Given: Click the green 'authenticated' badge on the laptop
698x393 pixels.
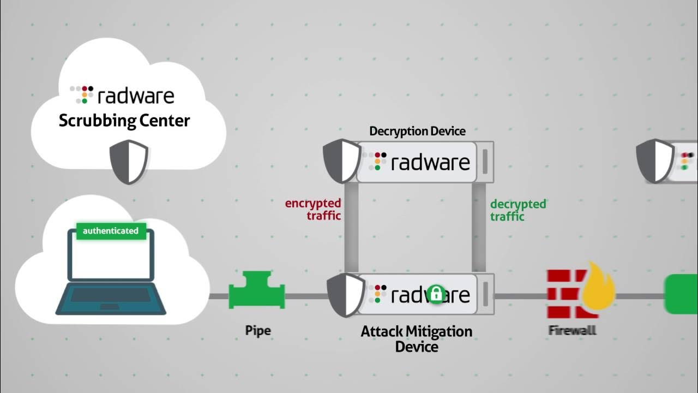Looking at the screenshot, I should (x=111, y=231).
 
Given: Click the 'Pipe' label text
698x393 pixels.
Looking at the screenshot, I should (x=257, y=330).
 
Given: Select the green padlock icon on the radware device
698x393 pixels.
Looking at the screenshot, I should (x=435, y=294).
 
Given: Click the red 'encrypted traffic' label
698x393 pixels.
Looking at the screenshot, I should (x=314, y=210).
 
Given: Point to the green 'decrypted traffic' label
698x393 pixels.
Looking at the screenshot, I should (x=518, y=210).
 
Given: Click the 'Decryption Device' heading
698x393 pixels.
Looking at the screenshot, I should (x=417, y=131).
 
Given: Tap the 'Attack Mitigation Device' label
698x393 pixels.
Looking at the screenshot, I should (x=416, y=339).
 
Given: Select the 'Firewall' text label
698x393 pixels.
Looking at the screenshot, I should (x=572, y=330).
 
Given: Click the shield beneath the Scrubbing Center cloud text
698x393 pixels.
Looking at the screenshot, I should (x=129, y=162).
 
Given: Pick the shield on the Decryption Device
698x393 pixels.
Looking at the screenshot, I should (x=341, y=160).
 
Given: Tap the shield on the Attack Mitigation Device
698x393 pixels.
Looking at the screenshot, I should (x=345, y=295).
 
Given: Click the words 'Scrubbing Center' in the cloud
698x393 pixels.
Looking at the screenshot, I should (x=124, y=120).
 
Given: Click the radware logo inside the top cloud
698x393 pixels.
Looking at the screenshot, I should (x=123, y=95).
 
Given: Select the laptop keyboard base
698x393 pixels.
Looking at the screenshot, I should (x=111, y=298).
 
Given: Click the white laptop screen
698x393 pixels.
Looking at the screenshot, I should (x=111, y=258).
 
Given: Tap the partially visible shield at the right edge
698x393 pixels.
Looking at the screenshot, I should (x=655, y=160).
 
